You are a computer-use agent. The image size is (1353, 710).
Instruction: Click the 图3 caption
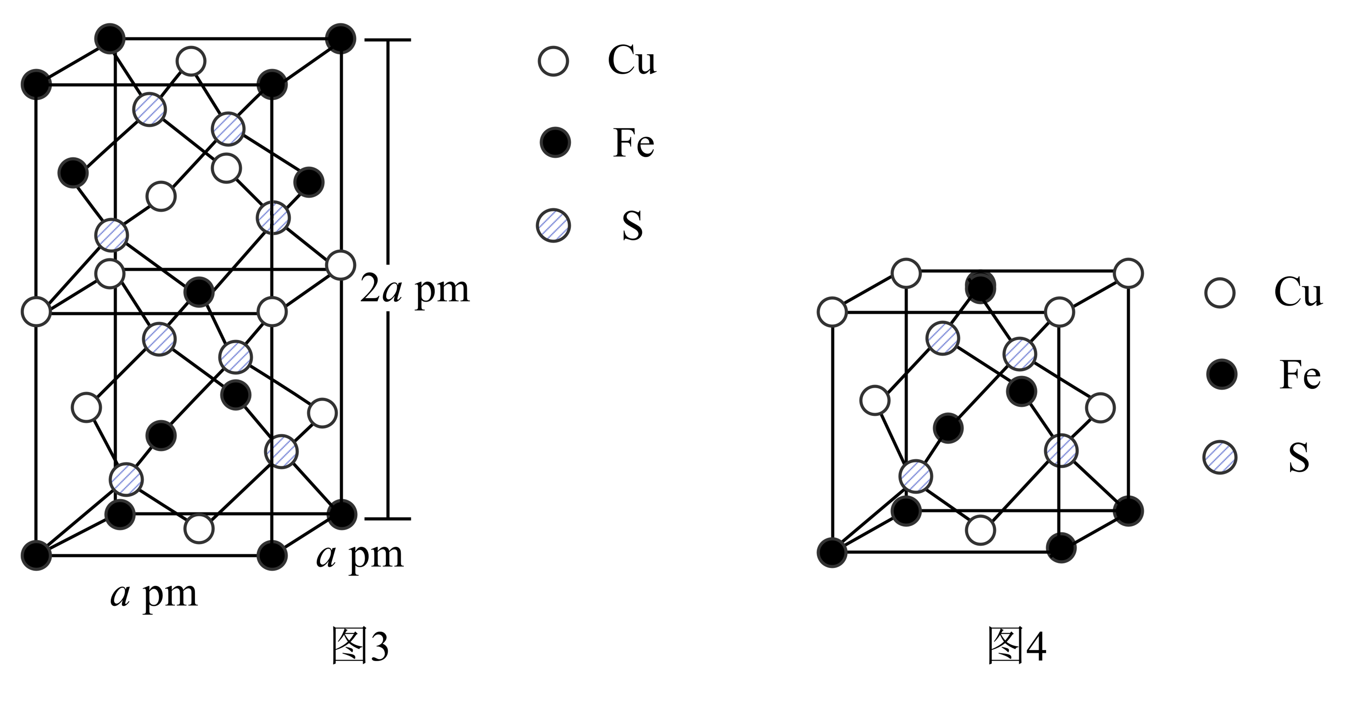[x=360, y=645]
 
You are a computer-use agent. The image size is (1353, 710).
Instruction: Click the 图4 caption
[x=1017, y=645]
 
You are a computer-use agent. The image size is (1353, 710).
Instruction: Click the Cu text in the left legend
[x=632, y=60]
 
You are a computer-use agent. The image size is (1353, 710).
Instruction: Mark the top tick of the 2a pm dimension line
[x=388, y=40]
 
